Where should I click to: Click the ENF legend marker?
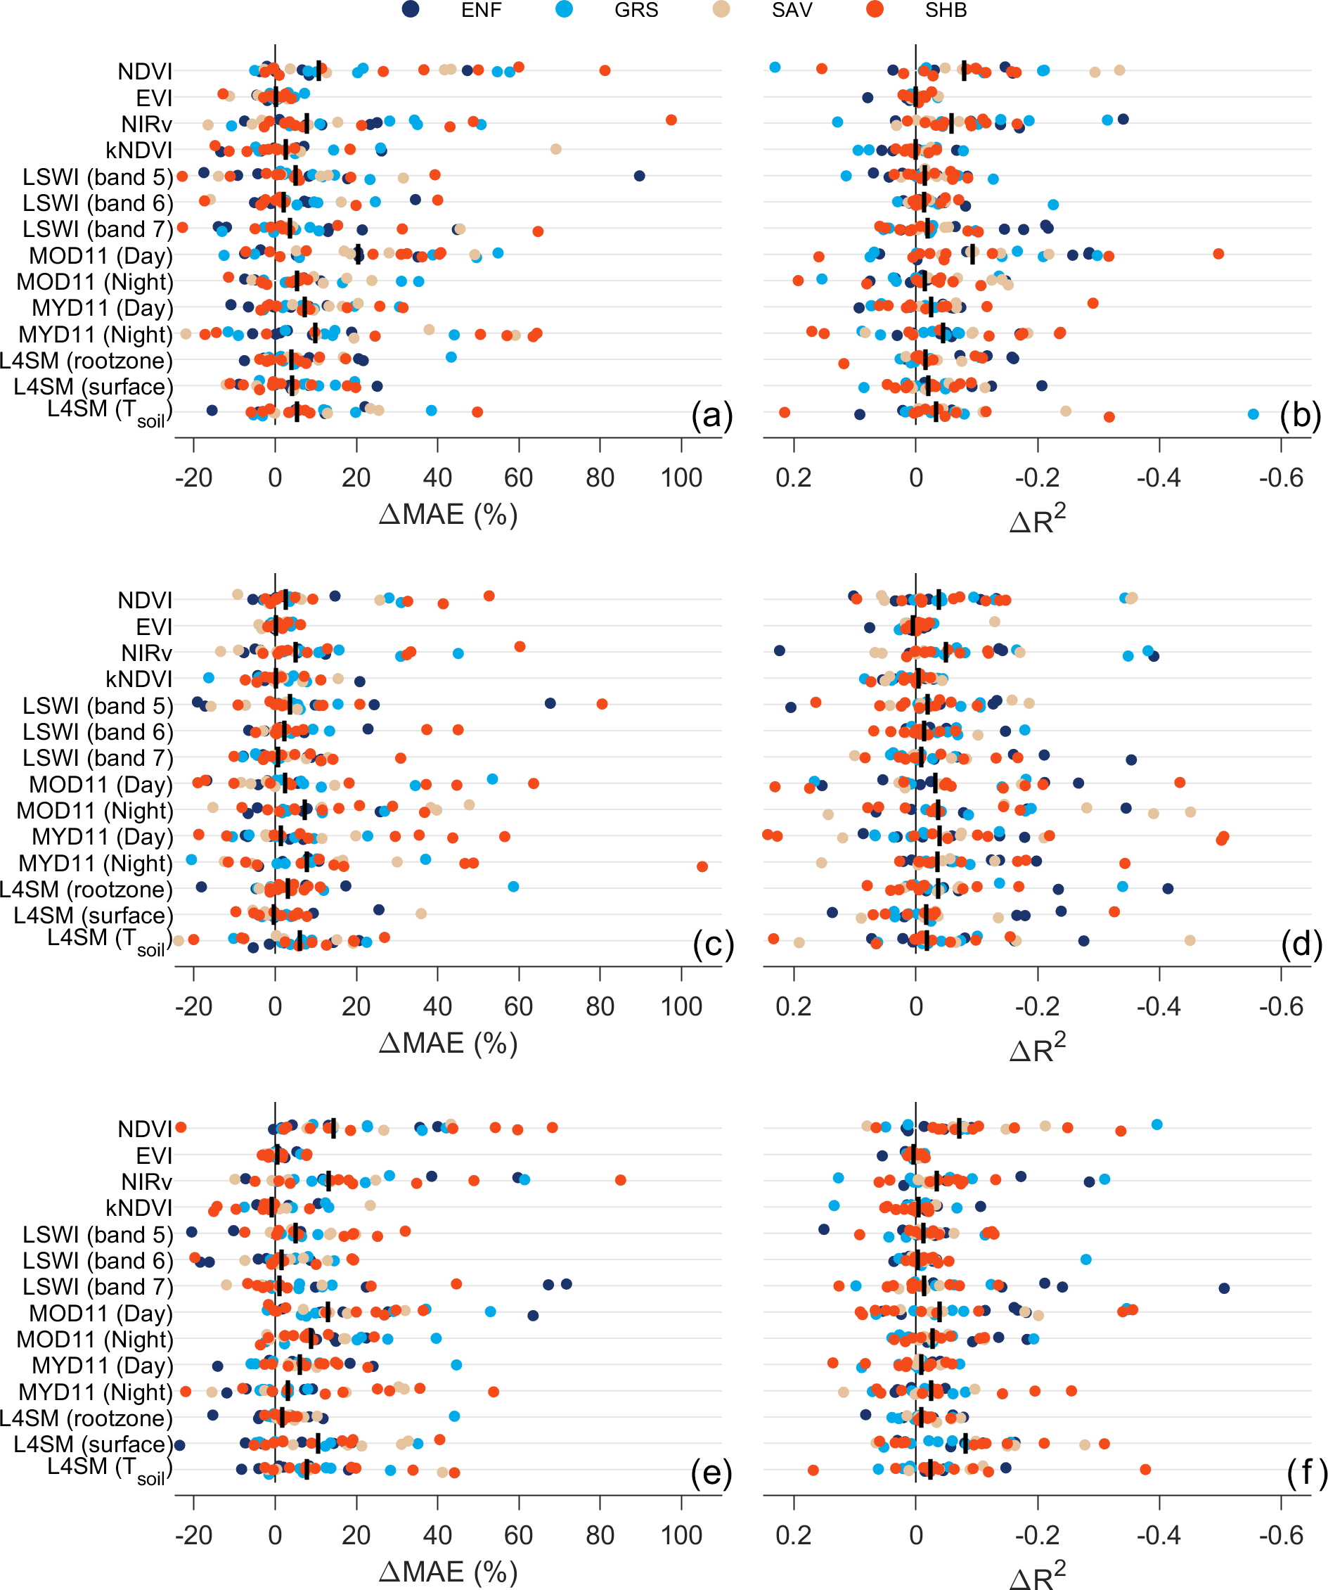click(411, 10)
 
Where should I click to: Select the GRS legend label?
click(636, 11)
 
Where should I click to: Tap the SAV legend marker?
click(721, 10)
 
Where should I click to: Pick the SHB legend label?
click(946, 11)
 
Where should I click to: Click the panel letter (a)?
click(711, 416)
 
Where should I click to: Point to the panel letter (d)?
click(1301, 944)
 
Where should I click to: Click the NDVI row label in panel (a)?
click(146, 71)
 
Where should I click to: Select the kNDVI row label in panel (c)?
click(139, 679)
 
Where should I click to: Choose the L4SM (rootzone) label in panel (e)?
click(86, 1418)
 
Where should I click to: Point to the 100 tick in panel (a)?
click(681, 477)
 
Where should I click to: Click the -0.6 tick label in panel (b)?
click(1281, 477)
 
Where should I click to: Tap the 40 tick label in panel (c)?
click(437, 1006)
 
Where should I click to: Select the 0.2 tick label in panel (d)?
click(794, 1006)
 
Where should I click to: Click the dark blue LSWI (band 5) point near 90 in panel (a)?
click(639, 176)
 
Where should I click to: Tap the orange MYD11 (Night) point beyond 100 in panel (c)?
click(702, 866)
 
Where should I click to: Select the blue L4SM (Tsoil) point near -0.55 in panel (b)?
click(1253, 413)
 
